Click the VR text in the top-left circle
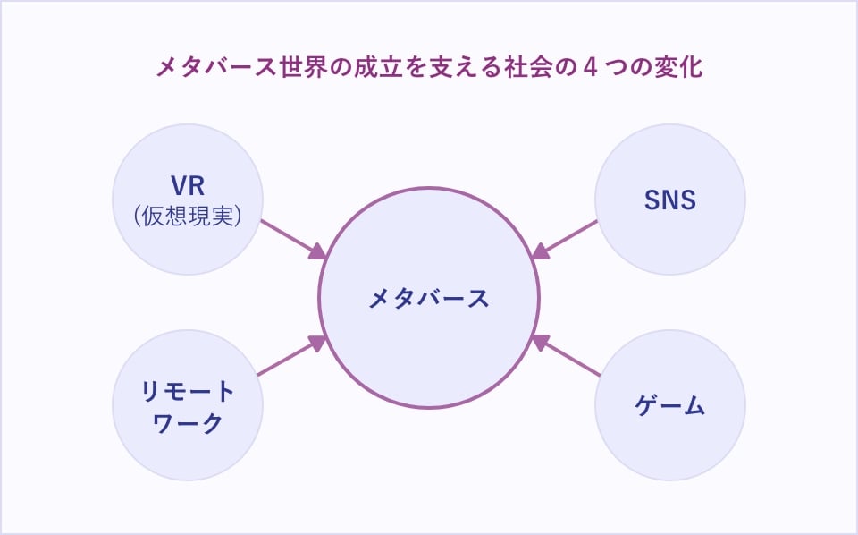pyautogui.click(x=188, y=187)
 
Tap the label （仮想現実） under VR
pyautogui.click(x=188, y=215)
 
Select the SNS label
pyautogui.click(x=669, y=200)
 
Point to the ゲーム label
pyautogui.click(x=670, y=406)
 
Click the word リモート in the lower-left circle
pyautogui.click(x=188, y=392)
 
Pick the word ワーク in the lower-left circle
pyautogui.click(x=188, y=422)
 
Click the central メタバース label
pyautogui.click(x=429, y=299)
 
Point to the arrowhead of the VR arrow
pyautogui.click(x=318, y=253)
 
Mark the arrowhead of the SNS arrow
pyautogui.click(x=539, y=253)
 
